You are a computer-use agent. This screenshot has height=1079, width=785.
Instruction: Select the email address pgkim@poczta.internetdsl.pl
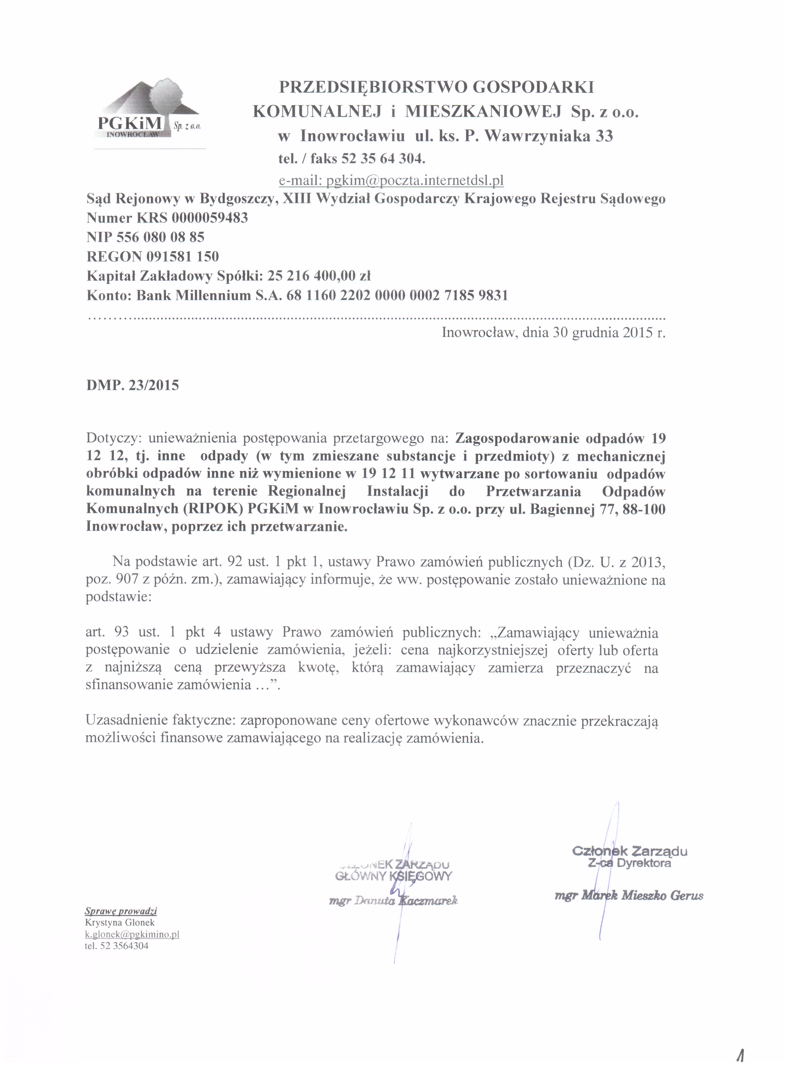pyautogui.click(x=391, y=180)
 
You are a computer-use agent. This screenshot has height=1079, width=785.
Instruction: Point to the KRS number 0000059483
pyautogui.click(x=209, y=218)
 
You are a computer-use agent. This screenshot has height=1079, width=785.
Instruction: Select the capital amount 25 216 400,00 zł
pyautogui.click(x=319, y=276)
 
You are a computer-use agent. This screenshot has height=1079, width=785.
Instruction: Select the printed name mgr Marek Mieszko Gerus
pyautogui.click(x=628, y=896)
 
